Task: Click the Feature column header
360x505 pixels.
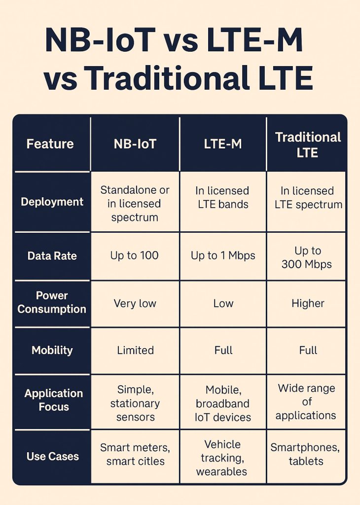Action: click(50, 144)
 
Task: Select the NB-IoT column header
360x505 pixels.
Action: click(135, 144)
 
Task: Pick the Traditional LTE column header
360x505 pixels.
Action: click(308, 144)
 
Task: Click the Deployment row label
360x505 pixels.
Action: click(52, 202)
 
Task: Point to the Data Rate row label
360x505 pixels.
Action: click(52, 256)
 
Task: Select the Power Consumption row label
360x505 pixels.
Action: click(52, 302)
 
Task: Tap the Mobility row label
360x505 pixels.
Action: click(52, 350)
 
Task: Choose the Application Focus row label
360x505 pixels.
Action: click(53, 400)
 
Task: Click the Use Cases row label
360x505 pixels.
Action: click(52, 456)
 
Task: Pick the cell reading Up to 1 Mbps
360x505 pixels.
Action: click(223, 255)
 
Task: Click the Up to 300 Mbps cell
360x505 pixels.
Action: click(307, 257)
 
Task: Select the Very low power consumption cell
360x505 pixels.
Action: click(135, 303)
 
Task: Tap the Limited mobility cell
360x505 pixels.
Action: click(135, 350)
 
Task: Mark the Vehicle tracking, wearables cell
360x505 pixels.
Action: click(222, 458)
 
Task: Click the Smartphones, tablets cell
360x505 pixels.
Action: click(306, 455)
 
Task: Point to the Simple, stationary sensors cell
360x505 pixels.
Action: click(135, 403)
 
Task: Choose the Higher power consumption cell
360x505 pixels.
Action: click(308, 303)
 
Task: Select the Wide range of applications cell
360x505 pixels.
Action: click(306, 401)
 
